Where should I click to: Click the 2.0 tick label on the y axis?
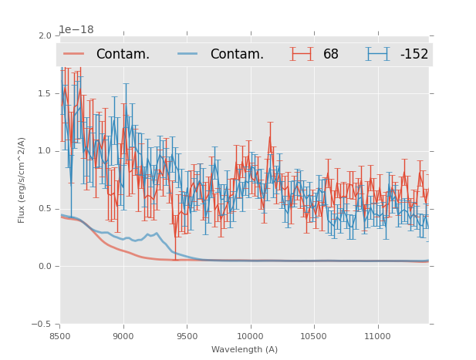click(x=46, y=35)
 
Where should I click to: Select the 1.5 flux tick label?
click(x=46, y=93)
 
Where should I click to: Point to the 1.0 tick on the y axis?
click(x=46, y=151)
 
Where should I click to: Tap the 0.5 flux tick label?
click(x=46, y=209)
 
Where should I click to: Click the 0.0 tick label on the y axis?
click(x=46, y=267)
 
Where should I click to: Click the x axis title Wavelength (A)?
click(x=245, y=349)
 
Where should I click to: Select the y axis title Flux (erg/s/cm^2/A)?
click(x=22, y=180)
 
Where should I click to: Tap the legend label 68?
click(x=331, y=54)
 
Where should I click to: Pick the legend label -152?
click(x=414, y=54)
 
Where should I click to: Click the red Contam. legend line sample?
click(x=74, y=54)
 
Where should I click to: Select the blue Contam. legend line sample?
click(x=187, y=54)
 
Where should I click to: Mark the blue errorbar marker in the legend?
click(x=377, y=54)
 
